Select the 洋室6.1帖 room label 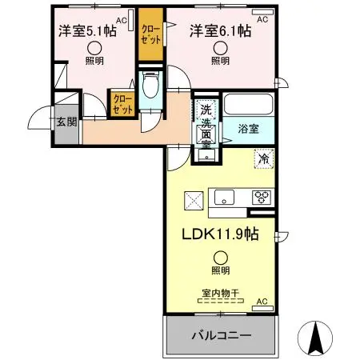click(220, 31)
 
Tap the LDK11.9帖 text click(219, 236)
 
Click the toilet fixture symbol click(150, 86)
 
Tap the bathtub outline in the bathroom click(249, 105)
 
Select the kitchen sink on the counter click(222, 195)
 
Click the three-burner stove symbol click(262, 195)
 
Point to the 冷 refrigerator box click(262, 159)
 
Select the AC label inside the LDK click(261, 302)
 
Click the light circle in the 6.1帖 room click(220, 47)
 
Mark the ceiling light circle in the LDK click(219, 257)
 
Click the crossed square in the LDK click(194, 199)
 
